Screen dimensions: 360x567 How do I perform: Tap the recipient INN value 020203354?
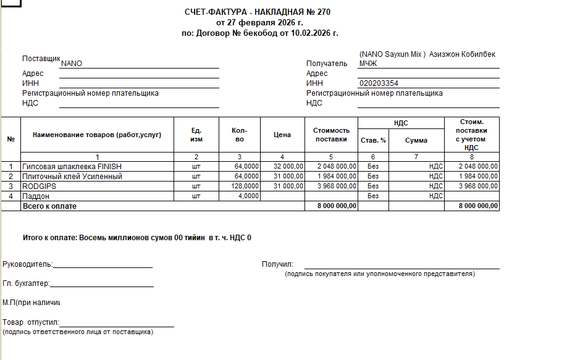click(x=379, y=83)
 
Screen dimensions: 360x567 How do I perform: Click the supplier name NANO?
click(x=72, y=64)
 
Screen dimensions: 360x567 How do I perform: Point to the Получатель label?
click(x=327, y=64)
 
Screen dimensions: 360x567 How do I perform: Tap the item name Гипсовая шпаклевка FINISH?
click(x=72, y=167)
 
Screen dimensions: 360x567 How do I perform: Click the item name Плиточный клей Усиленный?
click(x=72, y=177)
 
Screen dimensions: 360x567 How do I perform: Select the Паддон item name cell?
click(x=36, y=196)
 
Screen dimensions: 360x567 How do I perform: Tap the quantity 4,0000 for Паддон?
click(x=247, y=196)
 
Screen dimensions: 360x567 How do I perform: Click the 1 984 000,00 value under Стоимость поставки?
click(x=337, y=177)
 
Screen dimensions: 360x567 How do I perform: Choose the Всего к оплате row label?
click(x=49, y=206)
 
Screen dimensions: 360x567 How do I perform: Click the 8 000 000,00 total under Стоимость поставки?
click(x=337, y=206)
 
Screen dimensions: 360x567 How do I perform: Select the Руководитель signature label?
click(x=28, y=265)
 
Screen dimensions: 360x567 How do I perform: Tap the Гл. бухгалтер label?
click(x=26, y=284)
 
